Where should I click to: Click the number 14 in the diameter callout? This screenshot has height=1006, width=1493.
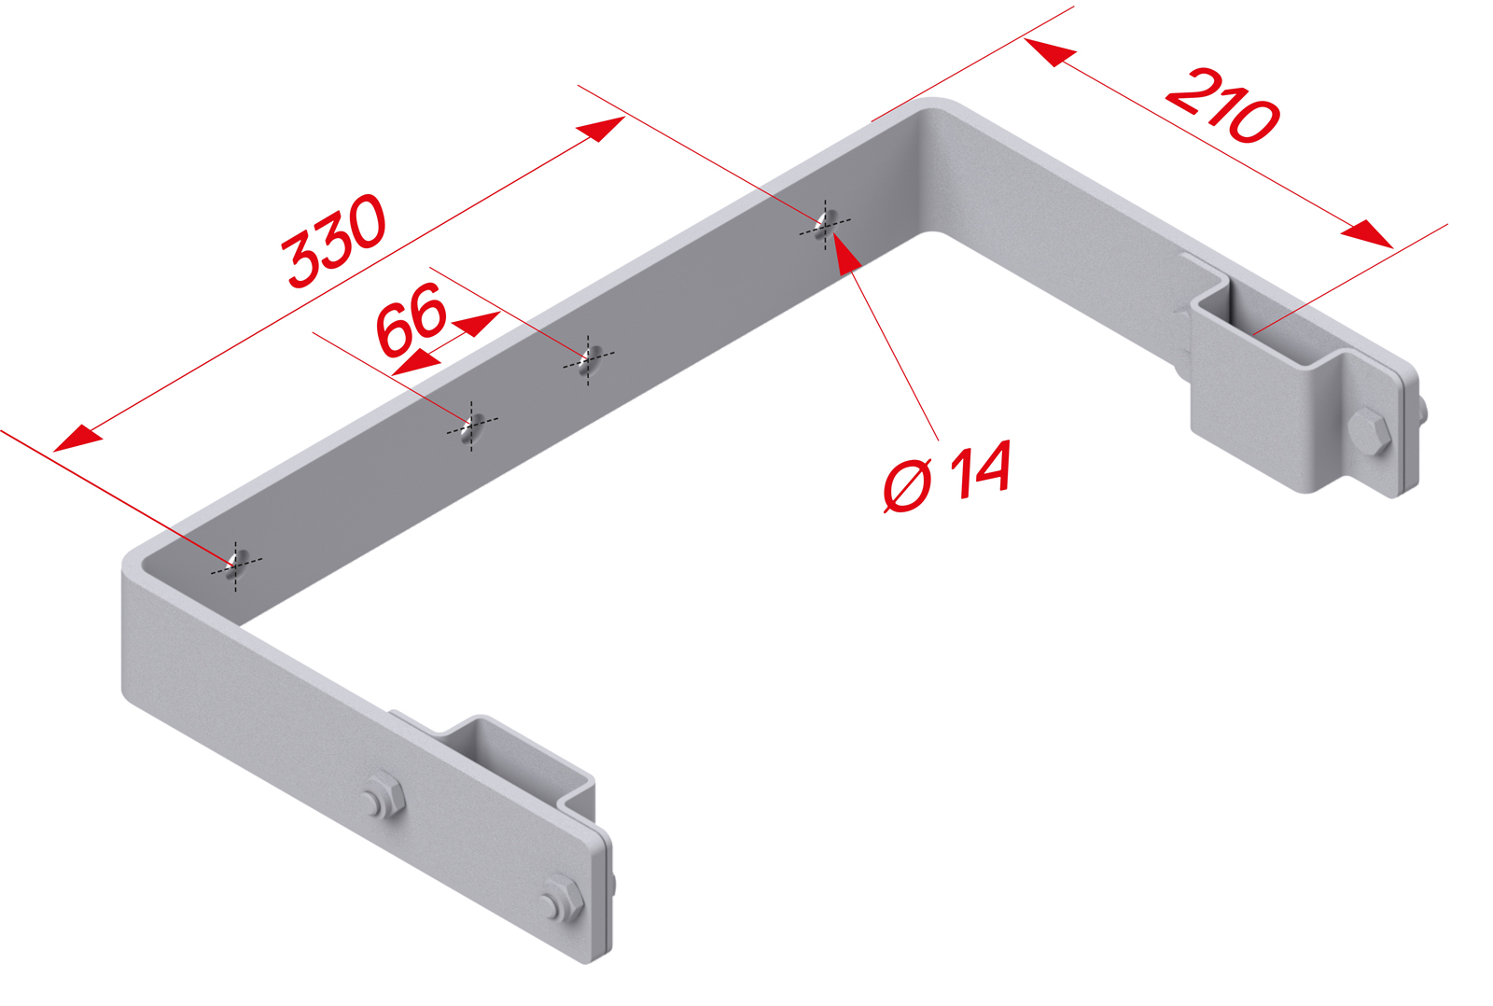(981, 468)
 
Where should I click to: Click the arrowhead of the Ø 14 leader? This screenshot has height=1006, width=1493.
(844, 253)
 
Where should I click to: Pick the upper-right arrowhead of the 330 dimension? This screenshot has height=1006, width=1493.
(601, 129)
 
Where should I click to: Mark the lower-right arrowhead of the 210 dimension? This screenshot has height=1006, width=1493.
(1367, 234)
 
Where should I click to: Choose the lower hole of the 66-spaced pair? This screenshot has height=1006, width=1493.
(472, 427)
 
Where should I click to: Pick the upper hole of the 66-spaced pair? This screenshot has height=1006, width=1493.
(589, 358)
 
